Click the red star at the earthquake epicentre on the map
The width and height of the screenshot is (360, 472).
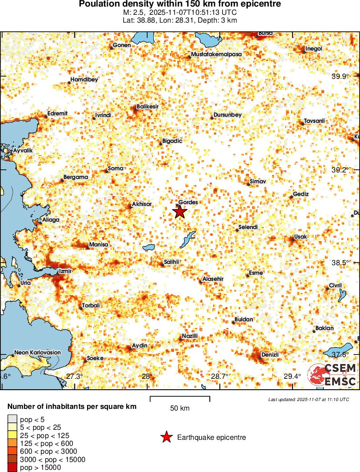179,212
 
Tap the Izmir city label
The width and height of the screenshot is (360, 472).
65,271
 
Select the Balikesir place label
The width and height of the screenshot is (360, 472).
148,106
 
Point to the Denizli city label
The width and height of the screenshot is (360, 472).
270,355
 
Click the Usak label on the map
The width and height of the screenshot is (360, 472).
301,236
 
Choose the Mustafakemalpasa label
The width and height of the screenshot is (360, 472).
217,54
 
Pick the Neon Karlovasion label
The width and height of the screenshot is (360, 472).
37,352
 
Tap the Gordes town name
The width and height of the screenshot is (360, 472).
188,202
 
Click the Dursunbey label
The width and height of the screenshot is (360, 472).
228,115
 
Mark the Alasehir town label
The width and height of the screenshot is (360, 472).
213,279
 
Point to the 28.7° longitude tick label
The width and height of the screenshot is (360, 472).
219,376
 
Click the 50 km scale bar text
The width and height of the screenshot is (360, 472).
180,408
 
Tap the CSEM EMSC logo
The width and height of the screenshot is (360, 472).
332,374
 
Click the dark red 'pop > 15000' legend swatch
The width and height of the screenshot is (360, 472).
13,468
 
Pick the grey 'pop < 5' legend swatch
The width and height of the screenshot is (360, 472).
13,420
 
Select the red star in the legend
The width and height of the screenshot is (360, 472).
166,437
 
